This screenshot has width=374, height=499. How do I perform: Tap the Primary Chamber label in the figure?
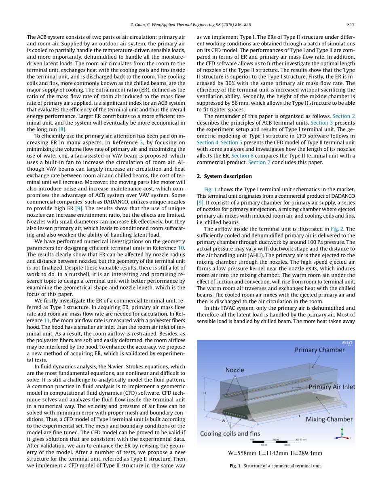[x=320, y=350]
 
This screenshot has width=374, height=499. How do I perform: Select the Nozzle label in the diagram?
[x=235, y=370]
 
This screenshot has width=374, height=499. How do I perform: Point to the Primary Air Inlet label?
[x=332, y=387]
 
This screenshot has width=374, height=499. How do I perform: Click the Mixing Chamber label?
[x=329, y=419]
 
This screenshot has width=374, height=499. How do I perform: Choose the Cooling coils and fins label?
[x=230, y=433]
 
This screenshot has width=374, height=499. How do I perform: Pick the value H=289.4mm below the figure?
[x=306, y=453]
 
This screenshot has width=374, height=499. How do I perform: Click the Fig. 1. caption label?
[x=235, y=466]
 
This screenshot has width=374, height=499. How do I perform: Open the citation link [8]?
[x=62, y=129]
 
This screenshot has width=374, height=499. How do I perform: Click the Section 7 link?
[x=257, y=162]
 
